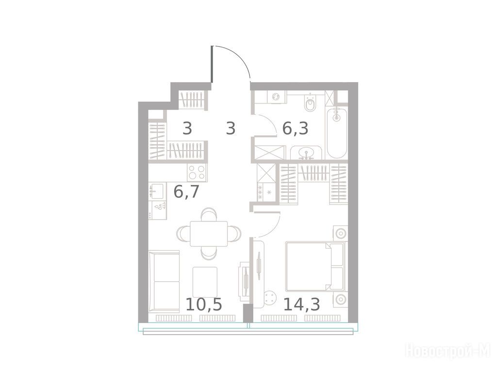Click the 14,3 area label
301,304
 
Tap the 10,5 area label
203,304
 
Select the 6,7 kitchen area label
186,191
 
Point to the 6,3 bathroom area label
296,128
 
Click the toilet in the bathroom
310,102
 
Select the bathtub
337,133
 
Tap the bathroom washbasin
306,153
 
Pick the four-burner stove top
197,172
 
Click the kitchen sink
157,191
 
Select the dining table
209,234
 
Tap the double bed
315,267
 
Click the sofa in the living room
164,281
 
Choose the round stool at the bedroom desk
270,298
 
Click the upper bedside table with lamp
340,234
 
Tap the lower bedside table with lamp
340,299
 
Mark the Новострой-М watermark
448,350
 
